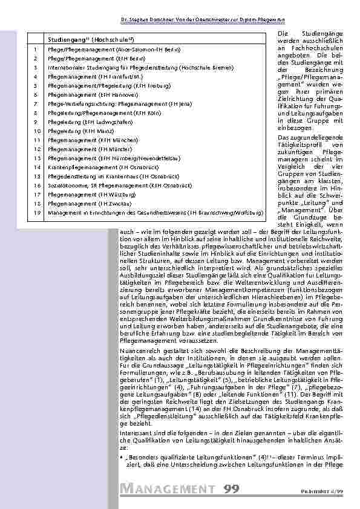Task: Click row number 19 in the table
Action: coord(36,213)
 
